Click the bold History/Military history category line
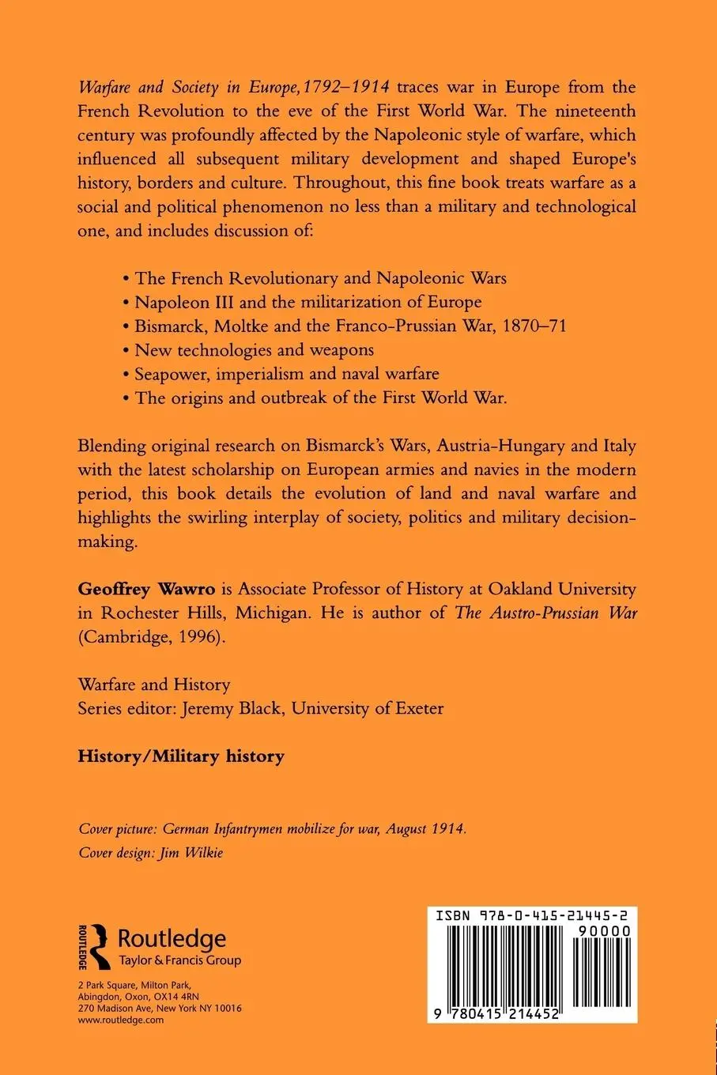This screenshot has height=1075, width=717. (x=181, y=756)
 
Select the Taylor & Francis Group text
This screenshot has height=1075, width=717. (x=179, y=960)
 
